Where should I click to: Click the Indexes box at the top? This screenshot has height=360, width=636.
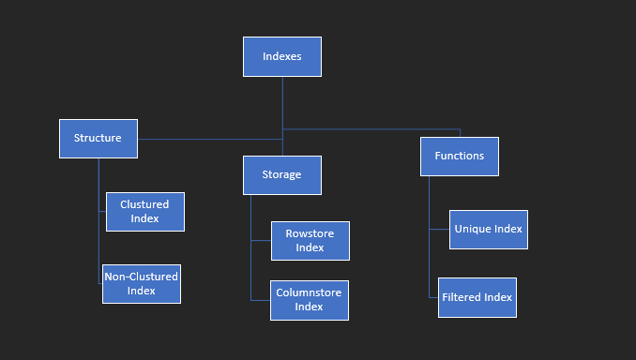(x=282, y=56)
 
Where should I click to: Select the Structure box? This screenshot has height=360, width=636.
(x=98, y=139)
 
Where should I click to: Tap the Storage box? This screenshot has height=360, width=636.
(x=282, y=175)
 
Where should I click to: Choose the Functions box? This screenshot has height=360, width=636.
(x=460, y=157)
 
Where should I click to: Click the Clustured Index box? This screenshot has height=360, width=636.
(x=145, y=212)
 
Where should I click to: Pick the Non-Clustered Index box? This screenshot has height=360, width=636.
(x=142, y=284)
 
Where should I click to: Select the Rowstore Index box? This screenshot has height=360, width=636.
(x=310, y=241)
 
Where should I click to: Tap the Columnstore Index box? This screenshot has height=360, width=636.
(x=310, y=300)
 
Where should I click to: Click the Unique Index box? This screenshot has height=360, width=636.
(x=489, y=230)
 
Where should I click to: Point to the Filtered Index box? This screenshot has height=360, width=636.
(x=477, y=298)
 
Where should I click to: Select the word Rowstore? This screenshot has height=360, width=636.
(x=310, y=234)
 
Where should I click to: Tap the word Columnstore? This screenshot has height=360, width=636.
(x=310, y=292)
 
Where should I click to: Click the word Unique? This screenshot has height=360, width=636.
(x=473, y=229)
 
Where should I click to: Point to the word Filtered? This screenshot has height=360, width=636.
(x=462, y=298)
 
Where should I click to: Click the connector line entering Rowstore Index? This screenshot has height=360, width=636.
(x=261, y=241)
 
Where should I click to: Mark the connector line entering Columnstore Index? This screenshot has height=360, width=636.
(x=260, y=300)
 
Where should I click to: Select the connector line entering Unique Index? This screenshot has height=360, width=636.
(x=439, y=229)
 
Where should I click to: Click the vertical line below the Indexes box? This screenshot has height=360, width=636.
(x=282, y=103)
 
